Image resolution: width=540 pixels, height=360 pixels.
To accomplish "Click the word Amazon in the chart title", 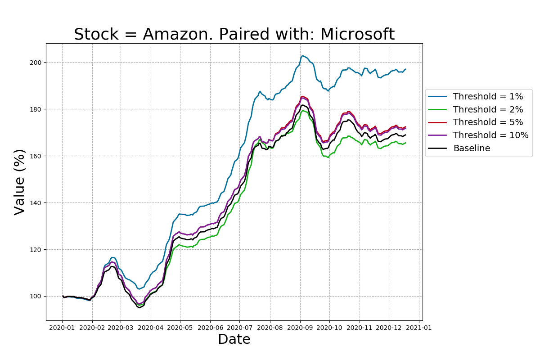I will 169,35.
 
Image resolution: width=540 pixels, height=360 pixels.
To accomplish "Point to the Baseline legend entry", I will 472,148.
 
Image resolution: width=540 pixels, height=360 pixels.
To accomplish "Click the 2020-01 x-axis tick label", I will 62,328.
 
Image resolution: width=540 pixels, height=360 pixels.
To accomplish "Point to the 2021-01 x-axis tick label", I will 419,328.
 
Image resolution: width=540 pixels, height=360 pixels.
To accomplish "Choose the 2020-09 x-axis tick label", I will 300,328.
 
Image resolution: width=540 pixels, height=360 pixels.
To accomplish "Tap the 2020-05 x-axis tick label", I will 180,328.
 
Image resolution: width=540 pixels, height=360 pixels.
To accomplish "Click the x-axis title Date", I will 234,339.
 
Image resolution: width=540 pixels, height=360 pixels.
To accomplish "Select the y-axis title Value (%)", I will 20,182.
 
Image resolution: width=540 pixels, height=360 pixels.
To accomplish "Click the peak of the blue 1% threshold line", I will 302,56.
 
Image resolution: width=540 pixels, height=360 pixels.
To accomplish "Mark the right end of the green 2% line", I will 405,143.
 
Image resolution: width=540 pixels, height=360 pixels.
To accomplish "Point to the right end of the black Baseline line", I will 405,135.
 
